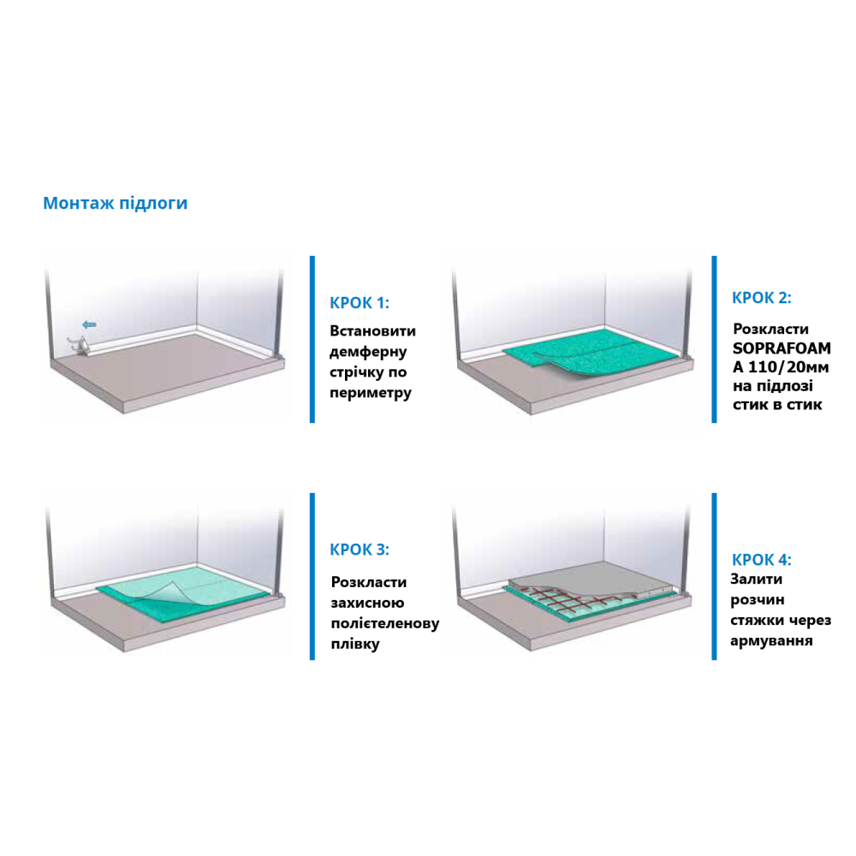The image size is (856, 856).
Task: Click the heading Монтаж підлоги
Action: tap(116, 203)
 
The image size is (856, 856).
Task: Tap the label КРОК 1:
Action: tap(360, 303)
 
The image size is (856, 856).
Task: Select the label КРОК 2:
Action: tap(762, 298)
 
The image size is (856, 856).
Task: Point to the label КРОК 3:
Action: tap(360, 550)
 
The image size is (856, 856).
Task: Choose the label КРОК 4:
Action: tap(762, 560)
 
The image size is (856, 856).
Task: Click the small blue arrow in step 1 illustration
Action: tap(90, 324)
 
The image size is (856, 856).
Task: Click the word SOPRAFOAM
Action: tap(782, 348)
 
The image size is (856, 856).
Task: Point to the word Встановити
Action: tap(373, 330)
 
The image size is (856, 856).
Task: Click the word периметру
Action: tap(371, 393)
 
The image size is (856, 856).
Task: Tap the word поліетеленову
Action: tap(385, 623)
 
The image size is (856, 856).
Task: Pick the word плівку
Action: tap(355, 645)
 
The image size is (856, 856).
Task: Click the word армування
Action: tap(771, 641)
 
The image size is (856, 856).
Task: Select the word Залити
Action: tap(756, 580)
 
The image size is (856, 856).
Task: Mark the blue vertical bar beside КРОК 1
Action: tap(312, 339)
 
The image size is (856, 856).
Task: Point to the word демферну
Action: tap(368, 352)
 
